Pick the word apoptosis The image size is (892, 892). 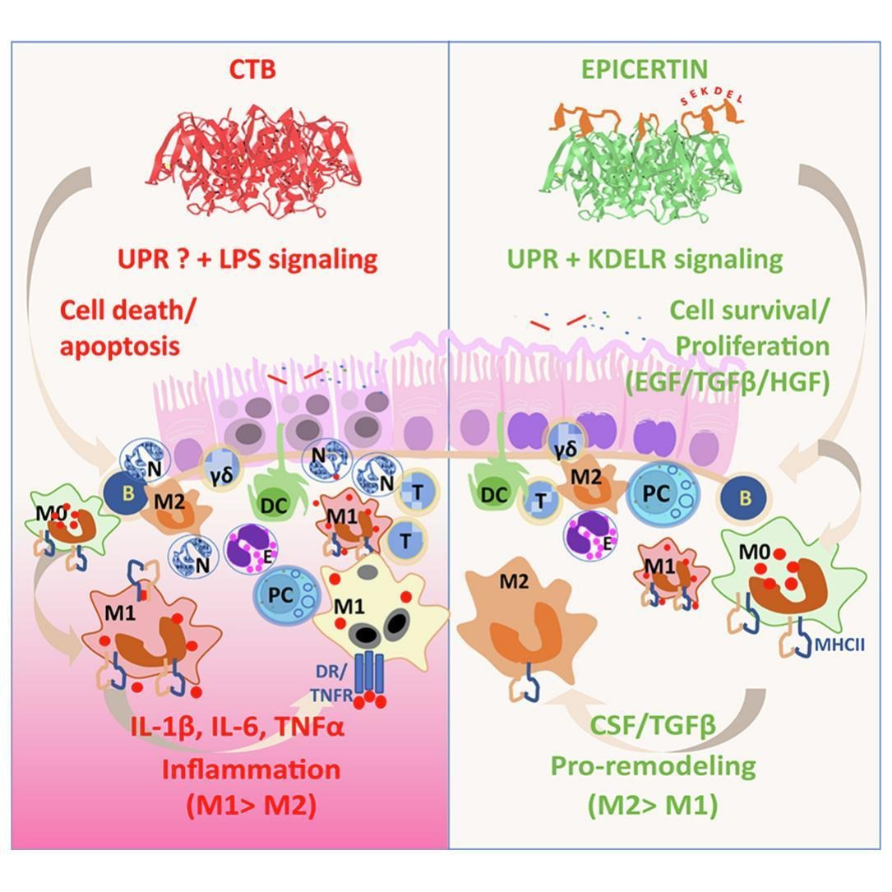coord(120,346)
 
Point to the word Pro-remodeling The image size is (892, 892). coord(653,766)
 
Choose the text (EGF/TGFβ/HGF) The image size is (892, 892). coord(726,384)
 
